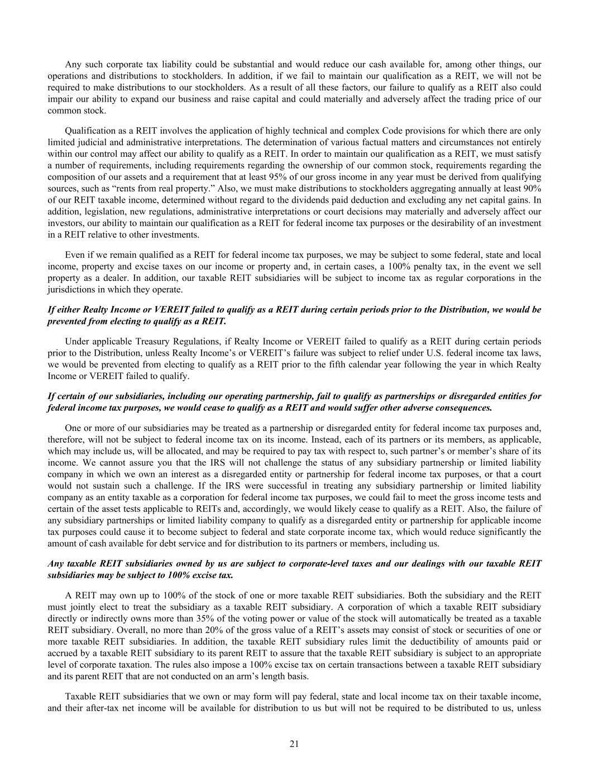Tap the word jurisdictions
[x=68, y=290]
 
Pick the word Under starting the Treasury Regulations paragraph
[x=75, y=341]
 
